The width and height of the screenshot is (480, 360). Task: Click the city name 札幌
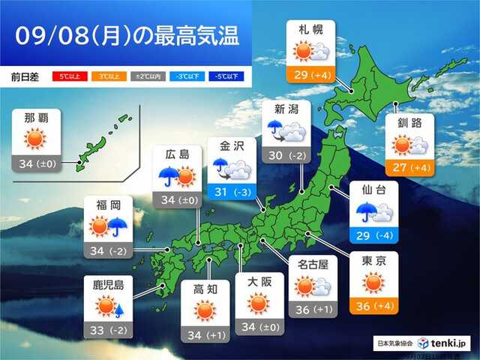pos(311,31)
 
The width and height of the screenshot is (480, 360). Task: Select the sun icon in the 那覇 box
pos(35,139)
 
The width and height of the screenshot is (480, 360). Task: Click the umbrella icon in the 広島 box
pos(169,177)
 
